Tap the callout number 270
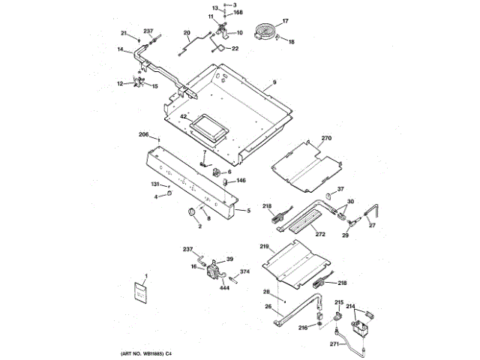[326, 139]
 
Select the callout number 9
[274, 81]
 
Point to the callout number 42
[182, 117]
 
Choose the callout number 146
[241, 181]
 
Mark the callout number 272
[320, 235]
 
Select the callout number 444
[223, 286]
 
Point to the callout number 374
[244, 271]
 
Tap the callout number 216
[303, 328]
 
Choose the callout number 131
[155, 184]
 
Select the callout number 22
[235, 49]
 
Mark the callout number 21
[124, 32]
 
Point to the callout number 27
[370, 226]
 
